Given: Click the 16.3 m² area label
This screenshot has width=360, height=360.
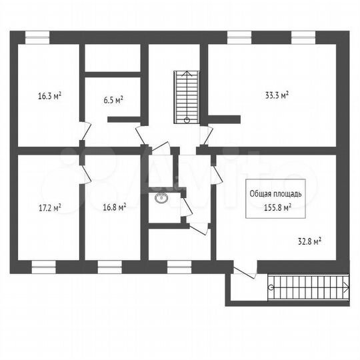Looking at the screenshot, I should tap(49, 96).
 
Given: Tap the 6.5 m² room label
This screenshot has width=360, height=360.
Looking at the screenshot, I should tap(113, 100).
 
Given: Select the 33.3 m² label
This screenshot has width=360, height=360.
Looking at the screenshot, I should tap(277, 96).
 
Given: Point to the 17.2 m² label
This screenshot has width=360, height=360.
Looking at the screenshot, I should tap(49, 207).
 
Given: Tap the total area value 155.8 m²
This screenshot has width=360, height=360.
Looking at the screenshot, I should tap(277, 207).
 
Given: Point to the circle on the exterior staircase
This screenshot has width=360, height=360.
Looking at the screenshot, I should tap(271, 287).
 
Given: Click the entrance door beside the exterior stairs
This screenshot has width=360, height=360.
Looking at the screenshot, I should tap(244, 271).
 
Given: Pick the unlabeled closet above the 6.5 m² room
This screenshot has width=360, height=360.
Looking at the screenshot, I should tap(112, 58).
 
